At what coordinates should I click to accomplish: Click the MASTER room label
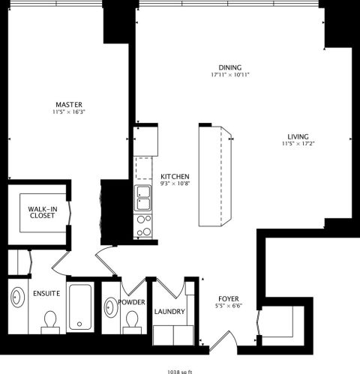(x=68, y=104)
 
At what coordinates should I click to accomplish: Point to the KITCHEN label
(x=175, y=175)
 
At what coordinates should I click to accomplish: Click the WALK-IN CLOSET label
(x=42, y=211)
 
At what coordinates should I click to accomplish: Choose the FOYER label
(x=229, y=298)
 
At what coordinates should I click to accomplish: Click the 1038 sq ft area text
(x=180, y=369)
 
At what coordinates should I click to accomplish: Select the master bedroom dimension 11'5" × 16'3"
(x=68, y=112)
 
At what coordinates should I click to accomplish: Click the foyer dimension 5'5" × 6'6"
(x=229, y=307)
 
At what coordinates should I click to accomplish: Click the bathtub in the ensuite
(x=79, y=307)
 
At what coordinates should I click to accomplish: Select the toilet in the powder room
(x=133, y=322)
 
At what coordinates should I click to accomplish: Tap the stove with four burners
(x=142, y=224)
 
